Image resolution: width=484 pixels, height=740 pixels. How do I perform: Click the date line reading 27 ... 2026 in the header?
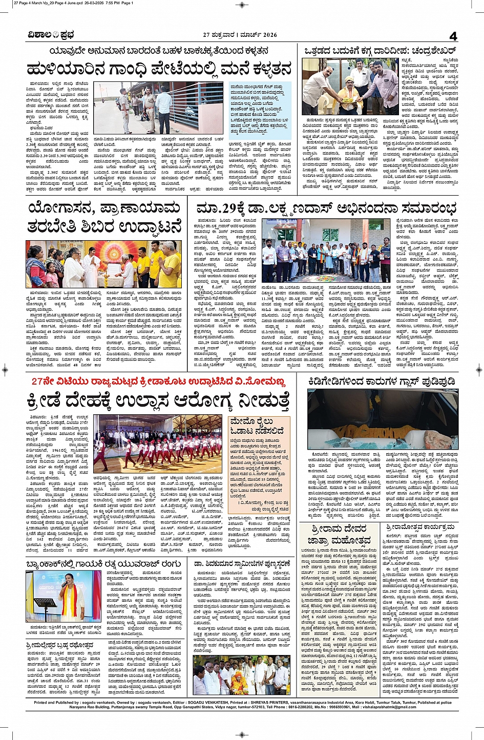(x=240, y=35)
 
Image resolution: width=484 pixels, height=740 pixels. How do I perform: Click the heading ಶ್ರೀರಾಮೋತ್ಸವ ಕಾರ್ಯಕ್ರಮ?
(x=421, y=527)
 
